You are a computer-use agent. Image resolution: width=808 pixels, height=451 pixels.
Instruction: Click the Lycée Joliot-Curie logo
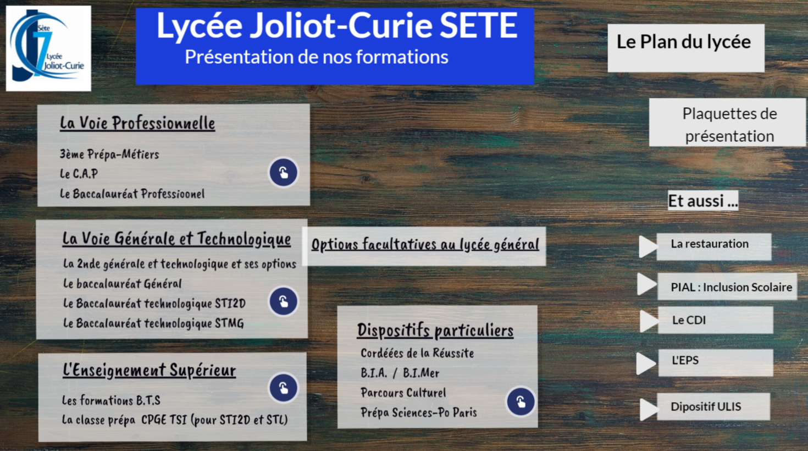click(48, 48)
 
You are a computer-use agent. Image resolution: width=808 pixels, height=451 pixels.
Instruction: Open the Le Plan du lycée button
click(686, 48)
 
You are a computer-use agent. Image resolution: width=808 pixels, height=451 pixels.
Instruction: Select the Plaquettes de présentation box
click(728, 122)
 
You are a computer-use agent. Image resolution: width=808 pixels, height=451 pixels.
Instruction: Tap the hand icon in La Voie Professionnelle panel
click(284, 173)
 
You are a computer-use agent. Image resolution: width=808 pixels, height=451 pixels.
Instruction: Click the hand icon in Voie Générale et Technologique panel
click(284, 301)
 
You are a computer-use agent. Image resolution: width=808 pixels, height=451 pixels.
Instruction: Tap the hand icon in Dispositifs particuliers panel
click(521, 402)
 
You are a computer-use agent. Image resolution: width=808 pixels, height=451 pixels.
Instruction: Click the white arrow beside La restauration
click(648, 247)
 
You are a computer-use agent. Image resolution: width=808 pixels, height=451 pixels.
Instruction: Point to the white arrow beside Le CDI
click(649, 321)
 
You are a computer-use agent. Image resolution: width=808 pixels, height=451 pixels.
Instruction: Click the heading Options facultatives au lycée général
click(425, 244)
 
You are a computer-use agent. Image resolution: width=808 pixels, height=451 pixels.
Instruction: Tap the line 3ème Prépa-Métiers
click(109, 154)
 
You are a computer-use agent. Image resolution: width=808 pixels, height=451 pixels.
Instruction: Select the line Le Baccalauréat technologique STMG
click(153, 323)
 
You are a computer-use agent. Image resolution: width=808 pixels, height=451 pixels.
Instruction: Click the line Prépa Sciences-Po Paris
click(419, 413)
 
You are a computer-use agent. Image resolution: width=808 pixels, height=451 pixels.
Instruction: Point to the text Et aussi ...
click(702, 201)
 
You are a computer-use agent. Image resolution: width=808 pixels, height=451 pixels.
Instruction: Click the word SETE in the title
click(479, 25)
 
